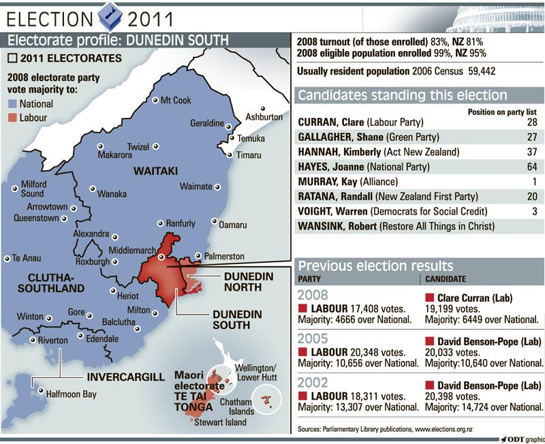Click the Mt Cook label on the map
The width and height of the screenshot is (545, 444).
(x=175, y=100)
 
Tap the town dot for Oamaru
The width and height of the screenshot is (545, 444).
(x=215, y=221)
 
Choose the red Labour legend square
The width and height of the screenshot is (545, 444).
(x=12, y=117)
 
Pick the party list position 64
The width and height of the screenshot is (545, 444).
(x=531, y=165)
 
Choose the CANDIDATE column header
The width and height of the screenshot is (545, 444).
(x=447, y=279)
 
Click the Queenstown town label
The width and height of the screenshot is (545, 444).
(x=37, y=219)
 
